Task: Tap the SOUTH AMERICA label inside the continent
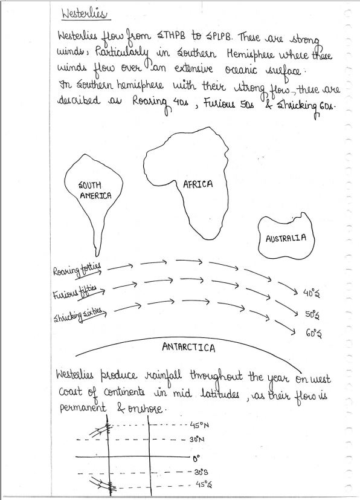tap(95, 191)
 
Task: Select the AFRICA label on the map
tap(198, 184)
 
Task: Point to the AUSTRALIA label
tap(286, 238)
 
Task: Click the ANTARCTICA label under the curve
tap(189, 348)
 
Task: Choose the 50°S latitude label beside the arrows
tap(312, 315)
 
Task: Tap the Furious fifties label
tap(76, 293)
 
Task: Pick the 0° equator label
tap(196, 458)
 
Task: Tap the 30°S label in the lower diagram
tap(200, 472)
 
